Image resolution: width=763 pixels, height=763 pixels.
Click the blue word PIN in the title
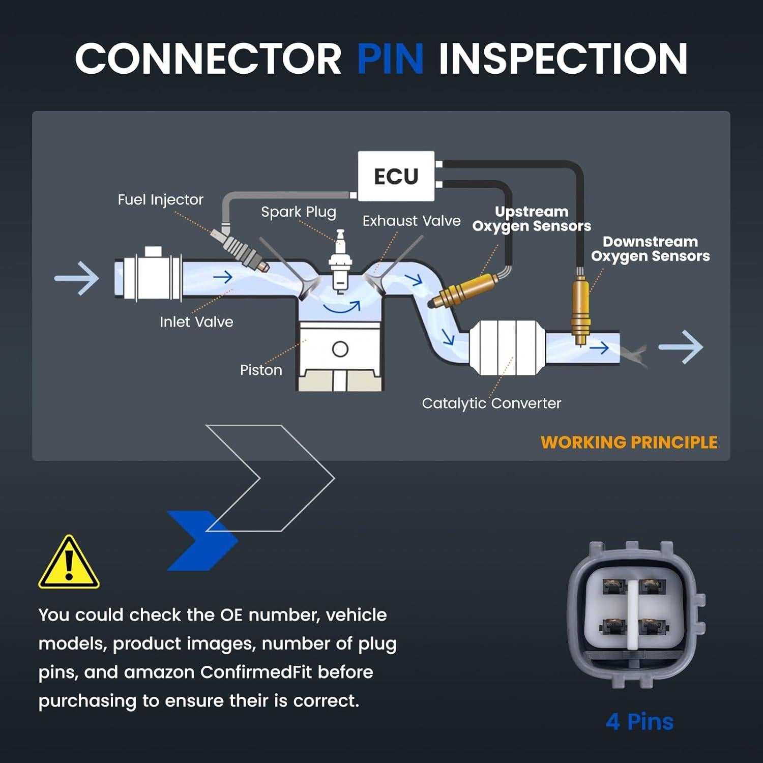[390, 58]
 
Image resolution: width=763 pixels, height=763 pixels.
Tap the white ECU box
[396, 176]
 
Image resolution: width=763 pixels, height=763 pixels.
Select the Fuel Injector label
[160, 199]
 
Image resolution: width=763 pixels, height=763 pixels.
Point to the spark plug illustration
[339, 262]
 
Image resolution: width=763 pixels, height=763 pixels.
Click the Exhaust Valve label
[412, 221]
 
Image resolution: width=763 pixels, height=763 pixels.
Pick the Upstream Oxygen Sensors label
[532, 219]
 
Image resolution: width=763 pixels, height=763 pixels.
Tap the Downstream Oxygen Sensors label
[650, 249]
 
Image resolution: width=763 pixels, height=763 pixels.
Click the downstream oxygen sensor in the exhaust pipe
[580, 310]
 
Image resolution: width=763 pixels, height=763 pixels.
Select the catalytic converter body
[507, 348]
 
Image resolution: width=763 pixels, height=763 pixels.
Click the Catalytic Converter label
[491, 403]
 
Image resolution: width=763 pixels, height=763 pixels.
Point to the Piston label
[261, 370]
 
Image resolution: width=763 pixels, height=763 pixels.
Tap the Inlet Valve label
[196, 322]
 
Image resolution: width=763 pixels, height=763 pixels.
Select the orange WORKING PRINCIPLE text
[629, 443]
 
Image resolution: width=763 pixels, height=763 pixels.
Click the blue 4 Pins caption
[639, 722]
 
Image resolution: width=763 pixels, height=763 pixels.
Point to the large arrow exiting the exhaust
[681, 347]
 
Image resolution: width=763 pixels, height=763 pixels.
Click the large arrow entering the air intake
[77, 278]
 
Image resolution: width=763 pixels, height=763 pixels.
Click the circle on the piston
[340, 349]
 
